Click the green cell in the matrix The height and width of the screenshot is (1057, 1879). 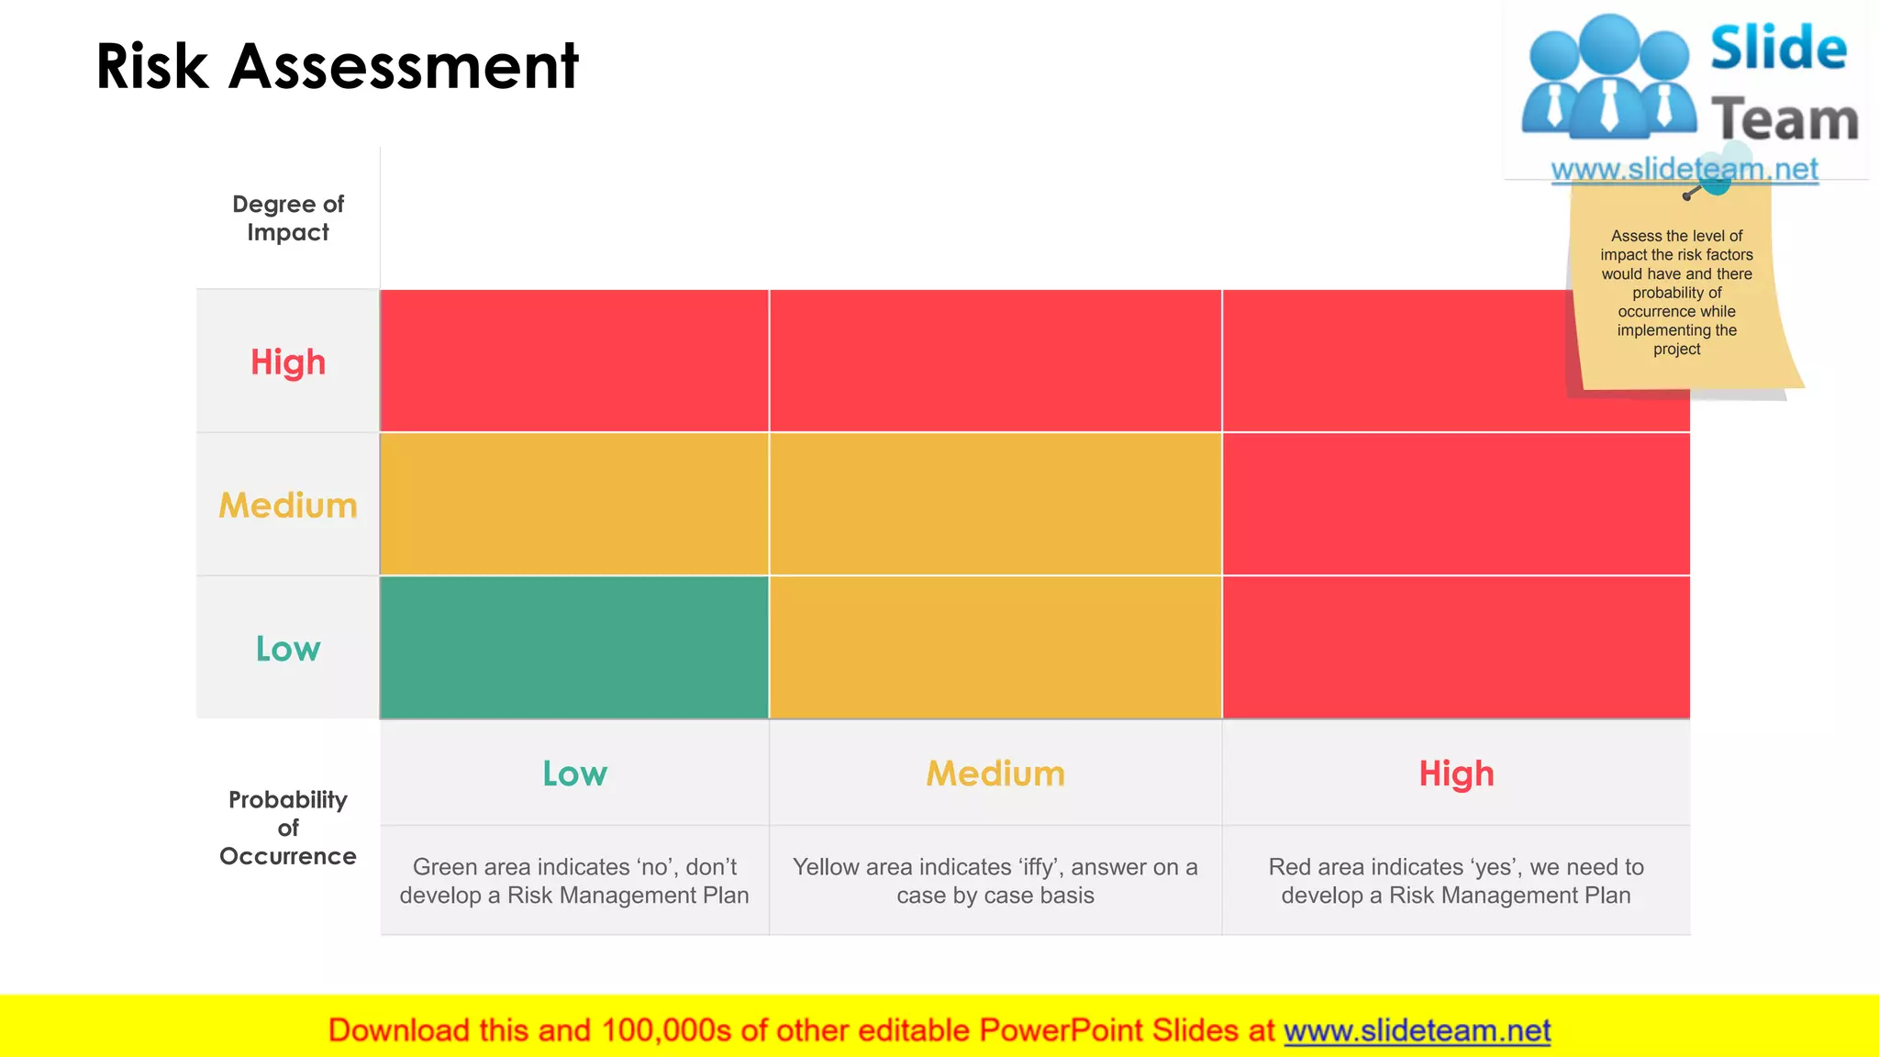[574, 647]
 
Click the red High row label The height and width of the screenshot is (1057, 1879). [288, 362]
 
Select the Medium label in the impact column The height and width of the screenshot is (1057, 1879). [288, 506]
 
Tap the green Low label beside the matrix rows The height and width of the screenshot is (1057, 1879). [288, 649]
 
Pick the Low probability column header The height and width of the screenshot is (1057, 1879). [574, 773]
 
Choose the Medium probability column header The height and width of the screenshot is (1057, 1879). [995, 773]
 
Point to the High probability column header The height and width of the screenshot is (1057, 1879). [1456, 773]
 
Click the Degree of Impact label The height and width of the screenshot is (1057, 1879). [288, 217]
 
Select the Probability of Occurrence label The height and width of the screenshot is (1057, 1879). [288, 827]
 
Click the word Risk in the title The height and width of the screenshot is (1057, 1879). [152, 66]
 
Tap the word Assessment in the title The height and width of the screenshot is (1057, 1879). [404, 66]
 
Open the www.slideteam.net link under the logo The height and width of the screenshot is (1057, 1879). [1684, 169]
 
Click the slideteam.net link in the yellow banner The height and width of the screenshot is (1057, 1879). [1417, 1030]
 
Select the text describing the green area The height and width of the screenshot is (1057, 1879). [574, 881]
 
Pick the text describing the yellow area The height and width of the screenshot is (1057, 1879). [995, 881]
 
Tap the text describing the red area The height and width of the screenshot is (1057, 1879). [1456, 881]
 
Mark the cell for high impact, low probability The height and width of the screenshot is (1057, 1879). [574, 361]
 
